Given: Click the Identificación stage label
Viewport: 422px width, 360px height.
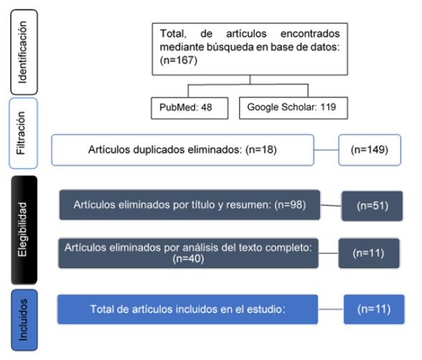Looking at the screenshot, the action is click(x=24, y=52).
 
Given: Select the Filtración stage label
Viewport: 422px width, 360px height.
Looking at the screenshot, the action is click(x=23, y=133).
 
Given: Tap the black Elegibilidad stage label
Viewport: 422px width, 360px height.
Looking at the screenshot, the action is click(x=24, y=230).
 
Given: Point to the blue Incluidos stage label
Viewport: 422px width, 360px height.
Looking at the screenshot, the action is click(x=24, y=320).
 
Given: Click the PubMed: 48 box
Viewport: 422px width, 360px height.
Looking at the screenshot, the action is click(x=189, y=108).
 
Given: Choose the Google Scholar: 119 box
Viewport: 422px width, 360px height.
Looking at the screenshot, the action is click(x=293, y=108).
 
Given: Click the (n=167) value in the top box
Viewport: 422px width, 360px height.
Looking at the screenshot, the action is click(x=178, y=60).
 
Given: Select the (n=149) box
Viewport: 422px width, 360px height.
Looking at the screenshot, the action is click(x=370, y=150).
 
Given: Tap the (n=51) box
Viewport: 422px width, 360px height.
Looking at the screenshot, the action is click(x=373, y=206).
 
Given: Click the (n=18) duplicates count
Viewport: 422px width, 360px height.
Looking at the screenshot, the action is click(x=261, y=150).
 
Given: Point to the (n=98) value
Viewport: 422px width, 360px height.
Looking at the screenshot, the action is click(x=290, y=205).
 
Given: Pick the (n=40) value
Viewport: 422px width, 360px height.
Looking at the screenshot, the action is click(x=188, y=258).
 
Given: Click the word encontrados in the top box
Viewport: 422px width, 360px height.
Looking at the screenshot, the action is click(x=310, y=34).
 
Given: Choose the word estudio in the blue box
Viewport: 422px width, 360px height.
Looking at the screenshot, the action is click(x=266, y=309).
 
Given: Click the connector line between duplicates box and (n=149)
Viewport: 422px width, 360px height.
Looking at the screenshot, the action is click(x=326, y=150).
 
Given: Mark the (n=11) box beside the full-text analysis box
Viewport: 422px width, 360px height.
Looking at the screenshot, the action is click(x=369, y=253).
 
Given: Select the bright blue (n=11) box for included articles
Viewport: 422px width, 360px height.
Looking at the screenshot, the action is click(x=374, y=309).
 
